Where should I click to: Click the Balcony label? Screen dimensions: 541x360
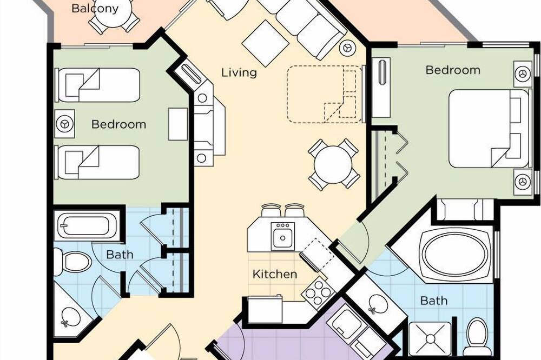[x=95, y=8]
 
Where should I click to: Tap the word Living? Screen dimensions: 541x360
[x=239, y=73]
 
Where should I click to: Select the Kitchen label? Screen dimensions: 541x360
[x=275, y=274]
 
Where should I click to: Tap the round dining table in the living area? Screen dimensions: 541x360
[x=333, y=164]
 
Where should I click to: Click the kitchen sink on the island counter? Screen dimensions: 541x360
[x=282, y=236]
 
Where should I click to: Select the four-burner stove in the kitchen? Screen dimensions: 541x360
[x=319, y=293]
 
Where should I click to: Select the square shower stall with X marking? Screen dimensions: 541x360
[x=430, y=338]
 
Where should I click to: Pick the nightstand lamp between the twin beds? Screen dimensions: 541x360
[x=64, y=123]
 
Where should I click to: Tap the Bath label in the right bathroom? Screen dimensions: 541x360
[x=434, y=301]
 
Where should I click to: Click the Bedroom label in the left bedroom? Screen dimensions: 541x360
[x=118, y=124]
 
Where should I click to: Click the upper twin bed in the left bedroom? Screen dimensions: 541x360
[x=98, y=85]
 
